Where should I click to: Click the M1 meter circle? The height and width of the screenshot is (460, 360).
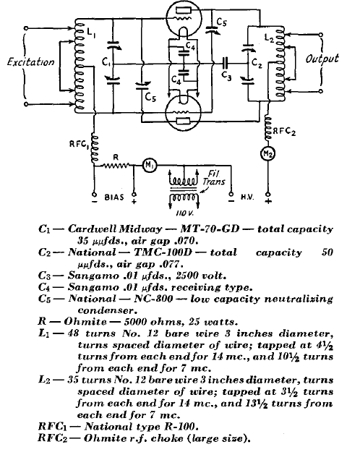click(150, 166)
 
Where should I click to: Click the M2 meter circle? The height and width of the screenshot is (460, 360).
click(267, 153)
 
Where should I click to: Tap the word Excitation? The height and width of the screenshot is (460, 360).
click(31, 62)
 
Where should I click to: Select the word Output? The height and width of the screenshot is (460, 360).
click(322, 59)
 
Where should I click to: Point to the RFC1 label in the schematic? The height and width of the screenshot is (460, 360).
click(79, 145)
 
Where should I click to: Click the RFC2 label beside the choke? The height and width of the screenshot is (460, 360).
click(284, 132)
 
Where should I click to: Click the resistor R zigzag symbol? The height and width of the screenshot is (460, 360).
click(116, 166)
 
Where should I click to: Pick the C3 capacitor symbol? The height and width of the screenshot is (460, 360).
click(225, 62)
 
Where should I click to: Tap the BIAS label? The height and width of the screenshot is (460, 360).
click(114, 197)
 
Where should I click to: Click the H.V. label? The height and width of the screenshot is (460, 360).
click(247, 197)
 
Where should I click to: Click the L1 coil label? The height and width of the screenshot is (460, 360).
click(91, 34)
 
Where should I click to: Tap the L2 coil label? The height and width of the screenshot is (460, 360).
click(269, 38)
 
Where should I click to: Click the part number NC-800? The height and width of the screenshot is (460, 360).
click(153, 299)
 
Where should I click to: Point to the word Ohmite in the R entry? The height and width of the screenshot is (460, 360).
click(85, 322)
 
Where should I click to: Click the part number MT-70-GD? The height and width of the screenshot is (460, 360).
click(210, 229)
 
